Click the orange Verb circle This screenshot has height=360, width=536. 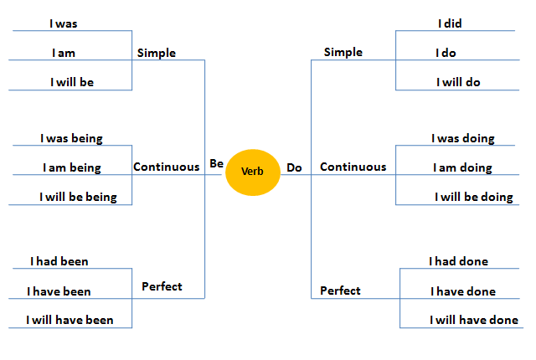coord(252,171)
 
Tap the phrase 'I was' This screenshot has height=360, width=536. coord(63,24)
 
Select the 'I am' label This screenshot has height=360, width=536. coord(63,53)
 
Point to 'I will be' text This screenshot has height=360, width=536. coord(73,82)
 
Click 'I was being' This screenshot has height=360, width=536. coord(71,138)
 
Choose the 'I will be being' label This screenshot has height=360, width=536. coord(78,198)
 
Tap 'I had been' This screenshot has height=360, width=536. coord(59,261)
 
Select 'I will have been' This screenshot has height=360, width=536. coord(70,320)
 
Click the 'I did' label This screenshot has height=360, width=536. coord(450,23)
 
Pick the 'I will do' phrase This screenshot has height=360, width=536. coord(458,82)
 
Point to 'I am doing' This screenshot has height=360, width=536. coord(462,167)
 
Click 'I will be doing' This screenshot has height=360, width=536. coord(473,198)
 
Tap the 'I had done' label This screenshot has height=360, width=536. coord(458,261)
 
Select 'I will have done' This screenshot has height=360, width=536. coord(474,320)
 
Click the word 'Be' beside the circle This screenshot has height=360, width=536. coord(216,164)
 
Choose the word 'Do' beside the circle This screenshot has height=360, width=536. coord(294,167)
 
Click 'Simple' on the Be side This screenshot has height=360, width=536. coord(157,53)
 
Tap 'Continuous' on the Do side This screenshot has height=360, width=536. coord(353,167)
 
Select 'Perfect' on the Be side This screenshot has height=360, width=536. coord(162,286)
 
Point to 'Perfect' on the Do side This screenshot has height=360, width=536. coord(341,291)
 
